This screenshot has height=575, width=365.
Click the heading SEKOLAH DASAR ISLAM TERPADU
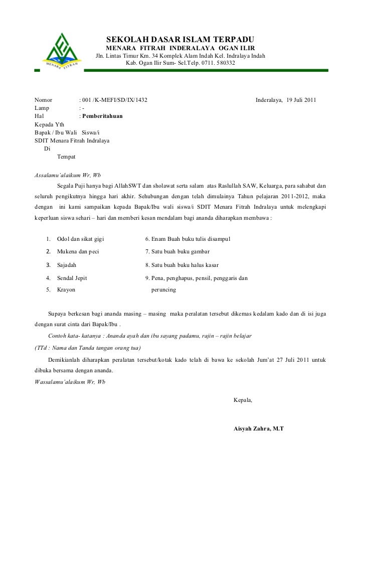click(180, 40)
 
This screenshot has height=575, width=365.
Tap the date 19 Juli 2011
click(301, 100)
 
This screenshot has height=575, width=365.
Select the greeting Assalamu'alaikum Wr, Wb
click(67, 176)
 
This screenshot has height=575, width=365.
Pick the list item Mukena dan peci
click(78, 251)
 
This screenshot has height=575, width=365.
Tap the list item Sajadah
click(67, 265)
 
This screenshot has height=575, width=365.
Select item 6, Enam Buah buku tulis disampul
click(188, 238)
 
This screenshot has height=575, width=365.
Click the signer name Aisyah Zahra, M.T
click(259, 430)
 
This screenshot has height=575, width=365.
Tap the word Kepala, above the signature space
click(244, 400)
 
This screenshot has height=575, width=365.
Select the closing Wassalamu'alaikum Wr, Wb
click(69, 382)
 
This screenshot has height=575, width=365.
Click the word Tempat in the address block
click(66, 157)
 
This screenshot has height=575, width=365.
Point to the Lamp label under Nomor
click(42, 108)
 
